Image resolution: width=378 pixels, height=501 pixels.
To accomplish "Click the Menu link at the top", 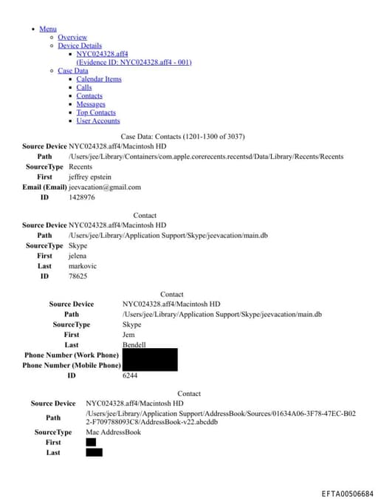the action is [x=48, y=29].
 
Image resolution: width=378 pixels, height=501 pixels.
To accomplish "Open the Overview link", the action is [x=72, y=37].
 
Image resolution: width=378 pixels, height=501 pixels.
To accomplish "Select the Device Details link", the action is [x=80, y=46].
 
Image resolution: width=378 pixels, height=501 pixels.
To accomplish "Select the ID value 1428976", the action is [x=82, y=197].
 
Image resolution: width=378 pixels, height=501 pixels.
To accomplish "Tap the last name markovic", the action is [x=83, y=266].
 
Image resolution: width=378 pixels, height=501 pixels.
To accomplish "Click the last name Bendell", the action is [x=134, y=345].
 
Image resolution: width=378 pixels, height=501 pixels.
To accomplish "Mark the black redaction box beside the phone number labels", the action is [x=150, y=360].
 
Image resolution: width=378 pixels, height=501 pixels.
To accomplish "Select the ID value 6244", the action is [x=130, y=376].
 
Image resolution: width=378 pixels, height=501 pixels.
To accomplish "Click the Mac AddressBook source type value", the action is [x=113, y=432].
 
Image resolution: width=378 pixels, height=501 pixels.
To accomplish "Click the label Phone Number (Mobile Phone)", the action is [x=72, y=365].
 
